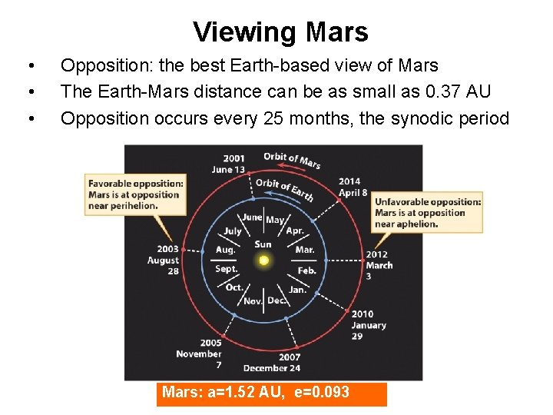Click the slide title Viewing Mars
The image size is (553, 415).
tap(280, 32)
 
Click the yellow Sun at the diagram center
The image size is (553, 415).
tap(263, 261)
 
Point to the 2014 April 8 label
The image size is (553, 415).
tap(353, 188)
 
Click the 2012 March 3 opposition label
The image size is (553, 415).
tap(379, 264)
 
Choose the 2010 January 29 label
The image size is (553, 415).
tap(368, 325)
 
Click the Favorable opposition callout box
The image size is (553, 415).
tap(135, 194)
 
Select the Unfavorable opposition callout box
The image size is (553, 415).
tap(428, 213)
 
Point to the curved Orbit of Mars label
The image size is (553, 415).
tap(292, 159)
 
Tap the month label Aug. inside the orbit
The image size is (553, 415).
tap(225, 250)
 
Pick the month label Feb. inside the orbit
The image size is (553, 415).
tap(306, 271)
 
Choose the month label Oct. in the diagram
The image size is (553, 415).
tap(234, 287)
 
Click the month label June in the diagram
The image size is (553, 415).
tap(252, 217)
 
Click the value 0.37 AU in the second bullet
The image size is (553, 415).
tap(456, 91)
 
